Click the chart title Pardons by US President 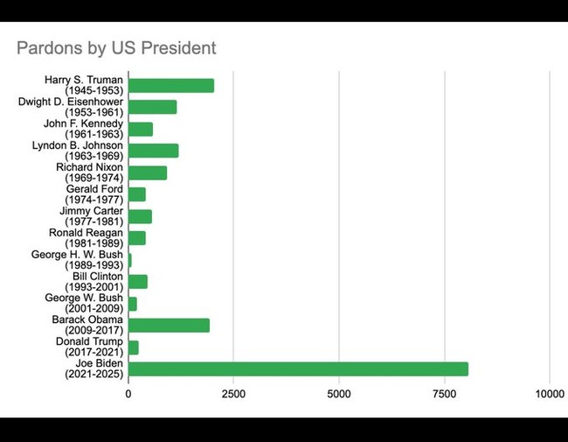(x=116, y=47)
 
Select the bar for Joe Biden (x=298, y=368)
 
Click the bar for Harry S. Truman (x=171, y=86)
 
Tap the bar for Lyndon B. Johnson (x=153, y=151)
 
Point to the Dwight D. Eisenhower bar (x=152, y=107)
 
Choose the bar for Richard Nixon (x=147, y=172)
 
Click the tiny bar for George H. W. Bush (x=130, y=260)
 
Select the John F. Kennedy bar (x=141, y=129)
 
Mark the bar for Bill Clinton (x=138, y=282)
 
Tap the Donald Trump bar (x=134, y=347)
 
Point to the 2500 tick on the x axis (x=233, y=395)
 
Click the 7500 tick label (x=444, y=395)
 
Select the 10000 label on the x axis (x=550, y=395)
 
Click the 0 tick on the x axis (x=128, y=395)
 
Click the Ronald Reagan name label (x=86, y=238)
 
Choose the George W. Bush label (x=84, y=304)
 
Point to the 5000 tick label (x=339, y=395)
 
